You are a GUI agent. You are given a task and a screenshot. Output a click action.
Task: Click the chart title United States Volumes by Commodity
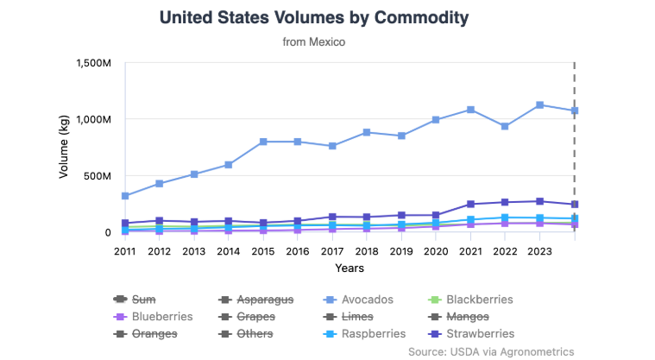[314, 17]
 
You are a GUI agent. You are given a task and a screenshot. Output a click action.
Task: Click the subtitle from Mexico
[314, 41]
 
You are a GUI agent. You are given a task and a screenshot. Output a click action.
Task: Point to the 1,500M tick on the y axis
[94, 63]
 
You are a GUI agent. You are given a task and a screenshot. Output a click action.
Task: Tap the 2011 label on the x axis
[125, 251]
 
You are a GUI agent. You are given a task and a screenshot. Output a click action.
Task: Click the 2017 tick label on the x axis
[332, 251]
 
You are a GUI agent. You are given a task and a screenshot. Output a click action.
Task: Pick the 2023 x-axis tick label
[539, 251]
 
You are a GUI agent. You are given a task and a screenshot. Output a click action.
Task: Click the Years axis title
[349, 268]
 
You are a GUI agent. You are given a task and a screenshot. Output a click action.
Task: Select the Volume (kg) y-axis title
[64, 147]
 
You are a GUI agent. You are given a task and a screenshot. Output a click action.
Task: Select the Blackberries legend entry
[479, 300]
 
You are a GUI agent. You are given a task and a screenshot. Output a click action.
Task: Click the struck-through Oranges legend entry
[154, 333]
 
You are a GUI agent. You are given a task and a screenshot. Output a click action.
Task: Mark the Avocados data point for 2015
[263, 142]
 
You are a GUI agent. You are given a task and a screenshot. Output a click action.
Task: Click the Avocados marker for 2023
[539, 105]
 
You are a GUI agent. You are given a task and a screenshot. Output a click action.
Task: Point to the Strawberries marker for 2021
[470, 205]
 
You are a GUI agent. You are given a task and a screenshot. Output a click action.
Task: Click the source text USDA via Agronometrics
[491, 351]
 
